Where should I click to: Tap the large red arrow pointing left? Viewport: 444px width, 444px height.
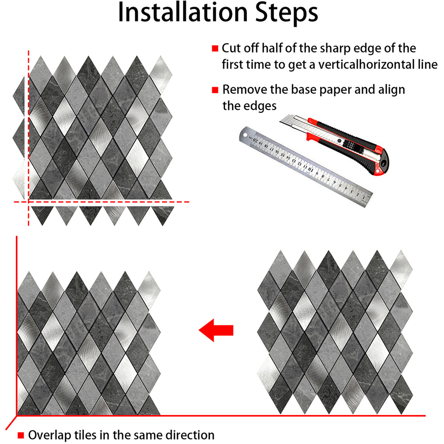pos(216,330)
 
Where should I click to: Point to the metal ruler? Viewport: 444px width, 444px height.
pos(305,166)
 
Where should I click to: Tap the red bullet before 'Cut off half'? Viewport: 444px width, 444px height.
pos(215,48)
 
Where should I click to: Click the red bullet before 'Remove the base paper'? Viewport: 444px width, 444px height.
pos(215,90)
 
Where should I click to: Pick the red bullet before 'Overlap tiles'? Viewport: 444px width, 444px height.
pos(21,435)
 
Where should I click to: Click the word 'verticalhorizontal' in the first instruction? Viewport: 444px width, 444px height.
pos(377,64)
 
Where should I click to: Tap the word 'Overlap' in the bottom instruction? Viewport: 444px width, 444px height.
pos(50,435)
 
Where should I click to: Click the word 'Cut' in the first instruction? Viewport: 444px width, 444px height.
pos(231,48)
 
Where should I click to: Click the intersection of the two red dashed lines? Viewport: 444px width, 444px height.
pos(28,202)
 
